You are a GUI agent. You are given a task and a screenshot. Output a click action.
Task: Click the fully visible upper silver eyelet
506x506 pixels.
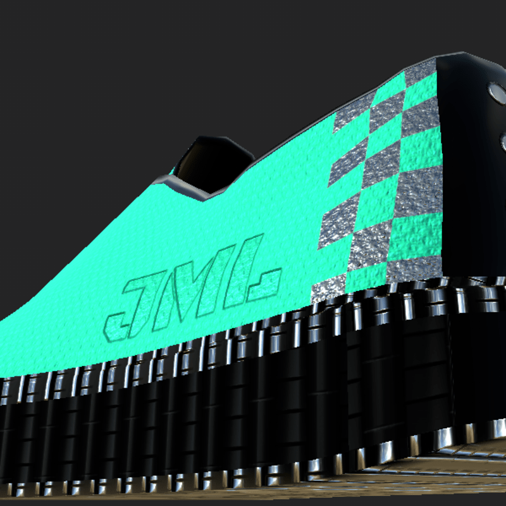pyautogui.click(x=498, y=93)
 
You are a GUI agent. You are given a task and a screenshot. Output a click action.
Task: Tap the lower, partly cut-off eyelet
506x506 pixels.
pyautogui.click(x=503, y=142)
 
